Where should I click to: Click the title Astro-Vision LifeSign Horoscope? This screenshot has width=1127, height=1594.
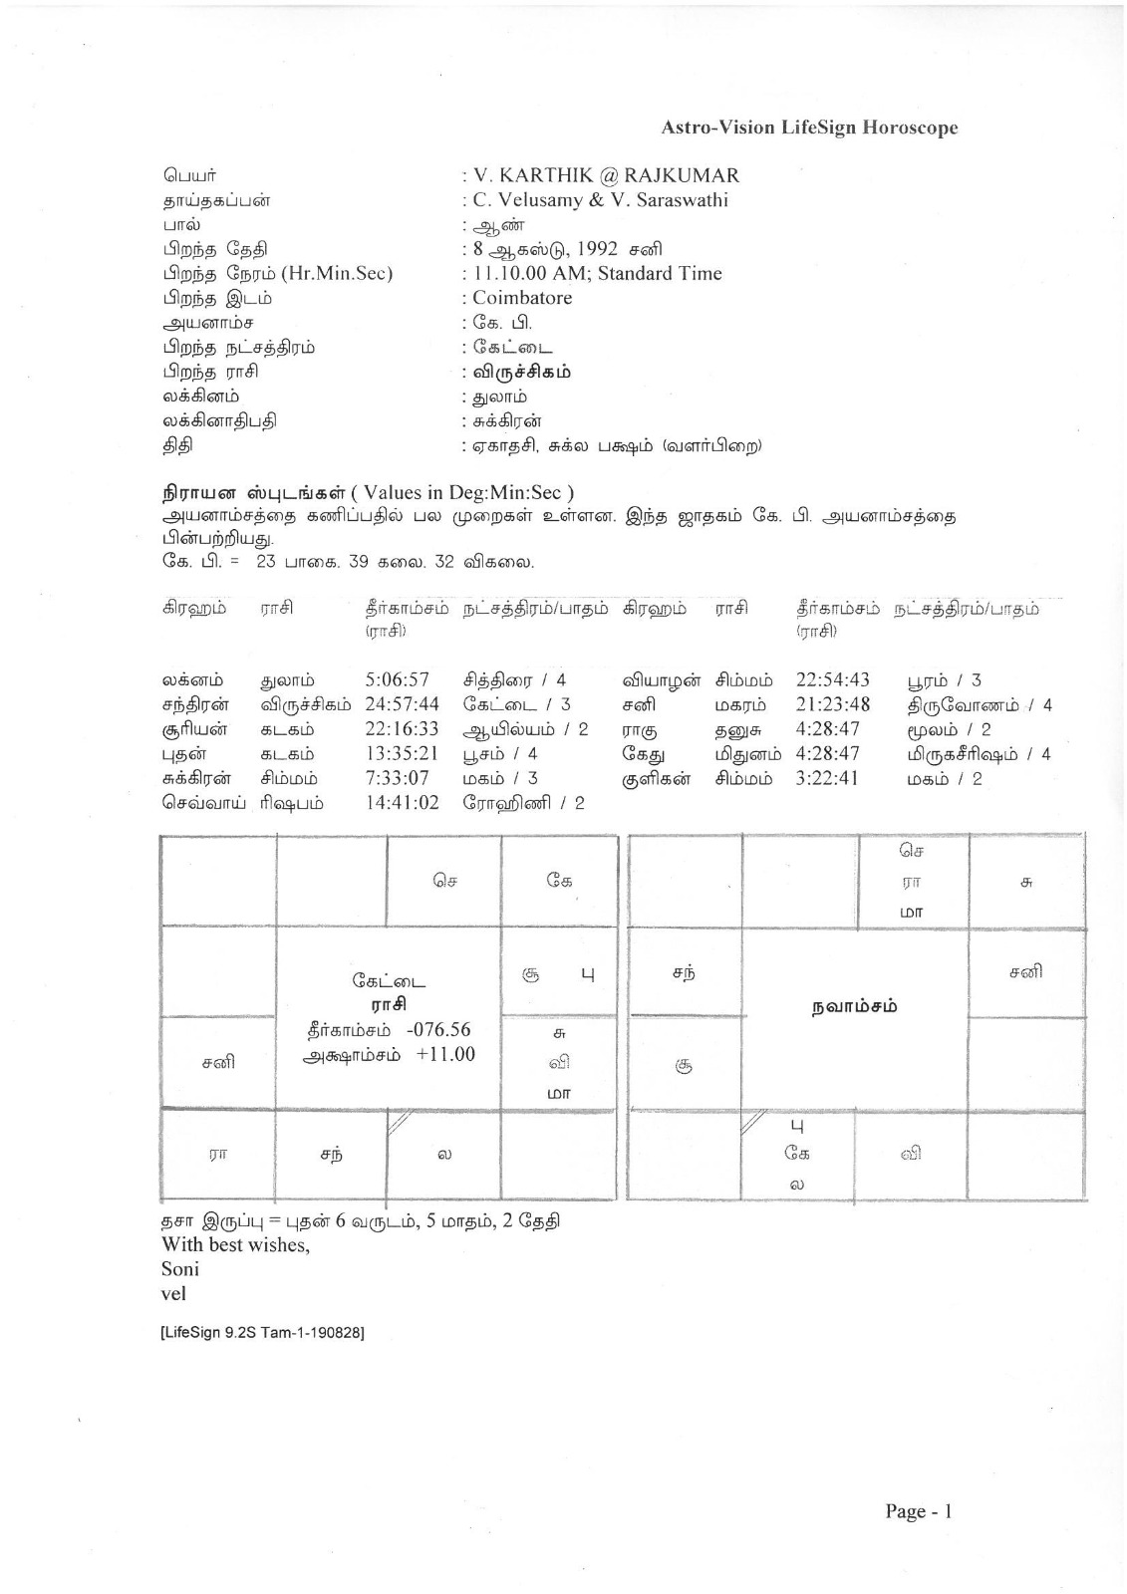[809, 128]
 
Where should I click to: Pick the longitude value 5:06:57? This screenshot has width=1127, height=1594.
[397, 680]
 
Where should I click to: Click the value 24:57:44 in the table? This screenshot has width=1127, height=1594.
[402, 705]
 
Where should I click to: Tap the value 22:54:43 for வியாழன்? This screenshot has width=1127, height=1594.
[832, 680]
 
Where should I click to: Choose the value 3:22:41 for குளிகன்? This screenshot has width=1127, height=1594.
[826, 778]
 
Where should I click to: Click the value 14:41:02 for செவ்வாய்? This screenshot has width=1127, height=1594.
[402, 803]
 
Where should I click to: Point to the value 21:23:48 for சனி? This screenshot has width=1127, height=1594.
[832, 705]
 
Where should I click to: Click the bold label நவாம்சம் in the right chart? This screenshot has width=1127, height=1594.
[853, 1006]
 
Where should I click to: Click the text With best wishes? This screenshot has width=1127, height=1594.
[235, 1244]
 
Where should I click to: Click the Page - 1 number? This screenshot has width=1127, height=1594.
[918, 1511]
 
